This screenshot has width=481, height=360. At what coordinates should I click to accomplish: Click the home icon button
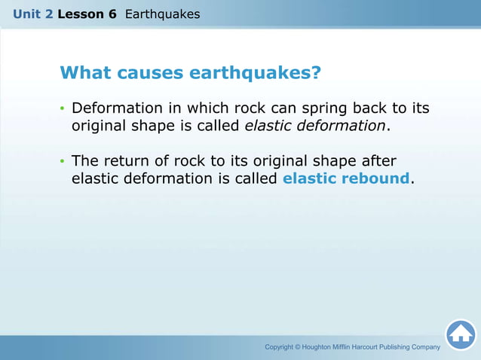pos(460,334)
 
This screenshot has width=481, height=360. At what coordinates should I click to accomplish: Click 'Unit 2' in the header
pos(32,14)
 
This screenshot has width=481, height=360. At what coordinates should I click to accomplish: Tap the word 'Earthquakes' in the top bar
pos(162,14)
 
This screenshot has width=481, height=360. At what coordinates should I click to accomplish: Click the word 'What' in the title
pos(84,73)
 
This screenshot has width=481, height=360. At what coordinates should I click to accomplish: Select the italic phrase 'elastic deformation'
pos(315,126)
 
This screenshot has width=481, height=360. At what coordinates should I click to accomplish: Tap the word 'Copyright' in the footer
pos(278,347)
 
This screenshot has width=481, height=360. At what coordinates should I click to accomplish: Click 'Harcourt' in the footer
pos(377,347)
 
